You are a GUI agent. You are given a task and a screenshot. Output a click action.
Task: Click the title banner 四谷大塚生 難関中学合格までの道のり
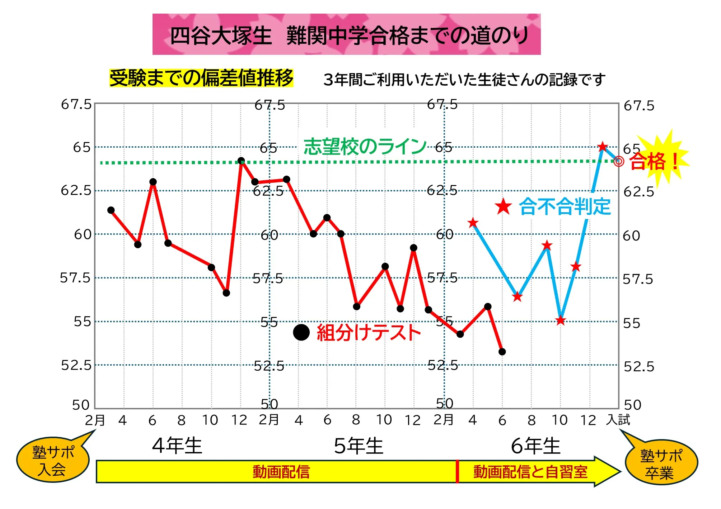(346, 35)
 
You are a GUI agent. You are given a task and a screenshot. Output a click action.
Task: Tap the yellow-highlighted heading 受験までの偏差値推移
(201, 78)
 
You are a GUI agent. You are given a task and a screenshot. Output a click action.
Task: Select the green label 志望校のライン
(365, 147)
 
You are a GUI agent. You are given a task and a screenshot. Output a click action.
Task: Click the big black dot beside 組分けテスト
(301, 332)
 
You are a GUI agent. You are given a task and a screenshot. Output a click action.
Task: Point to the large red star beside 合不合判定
(503, 207)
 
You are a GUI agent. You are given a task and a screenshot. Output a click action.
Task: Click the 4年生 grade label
(177, 446)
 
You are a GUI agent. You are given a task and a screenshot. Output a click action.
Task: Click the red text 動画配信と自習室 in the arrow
(530, 472)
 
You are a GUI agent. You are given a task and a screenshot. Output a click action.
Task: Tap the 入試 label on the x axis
(618, 420)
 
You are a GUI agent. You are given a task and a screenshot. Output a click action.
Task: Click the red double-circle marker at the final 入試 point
(619, 161)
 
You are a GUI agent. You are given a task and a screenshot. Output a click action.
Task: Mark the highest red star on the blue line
(603, 147)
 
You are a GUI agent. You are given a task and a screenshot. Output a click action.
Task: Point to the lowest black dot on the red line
(502, 352)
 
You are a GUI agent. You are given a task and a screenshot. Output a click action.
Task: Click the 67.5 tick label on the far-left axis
(76, 105)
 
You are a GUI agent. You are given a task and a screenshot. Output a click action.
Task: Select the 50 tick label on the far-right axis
(632, 405)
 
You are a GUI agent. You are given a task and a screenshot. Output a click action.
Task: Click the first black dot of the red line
(111, 210)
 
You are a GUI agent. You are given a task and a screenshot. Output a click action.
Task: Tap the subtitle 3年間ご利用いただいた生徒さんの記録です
(464, 80)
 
